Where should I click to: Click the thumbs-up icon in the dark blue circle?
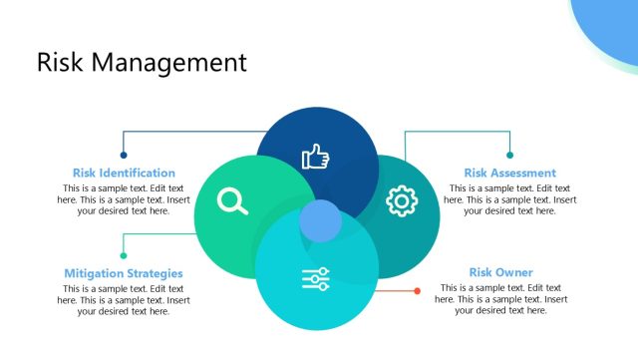pyautogui.click(x=316, y=157)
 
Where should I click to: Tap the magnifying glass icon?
pyautogui.click(x=232, y=201)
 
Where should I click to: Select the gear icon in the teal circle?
pyautogui.click(x=401, y=201)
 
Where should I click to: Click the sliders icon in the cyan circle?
pyautogui.click(x=316, y=279)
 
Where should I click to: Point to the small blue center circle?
pyautogui.click(x=321, y=220)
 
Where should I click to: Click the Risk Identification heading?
pyautogui.click(x=124, y=173)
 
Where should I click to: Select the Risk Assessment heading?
pyautogui.click(x=510, y=173)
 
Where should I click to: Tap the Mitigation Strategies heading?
pyautogui.click(x=124, y=272)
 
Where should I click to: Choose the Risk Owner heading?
pyautogui.click(x=500, y=272)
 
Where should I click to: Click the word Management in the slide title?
pyautogui.click(x=168, y=62)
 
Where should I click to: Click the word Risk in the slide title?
pyautogui.click(x=60, y=62)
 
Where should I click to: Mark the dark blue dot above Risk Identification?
pyautogui.click(x=124, y=155)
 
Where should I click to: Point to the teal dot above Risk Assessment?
pyautogui.click(x=509, y=155)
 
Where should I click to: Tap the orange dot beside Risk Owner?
pyautogui.click(x=417, y=290)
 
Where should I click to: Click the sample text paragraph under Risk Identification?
pyautogui.click(x=124, y=199)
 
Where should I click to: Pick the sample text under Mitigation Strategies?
pyautogui.click(x=124, y=299)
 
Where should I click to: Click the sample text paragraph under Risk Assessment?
pyautogui.click(x=510, y=199)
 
